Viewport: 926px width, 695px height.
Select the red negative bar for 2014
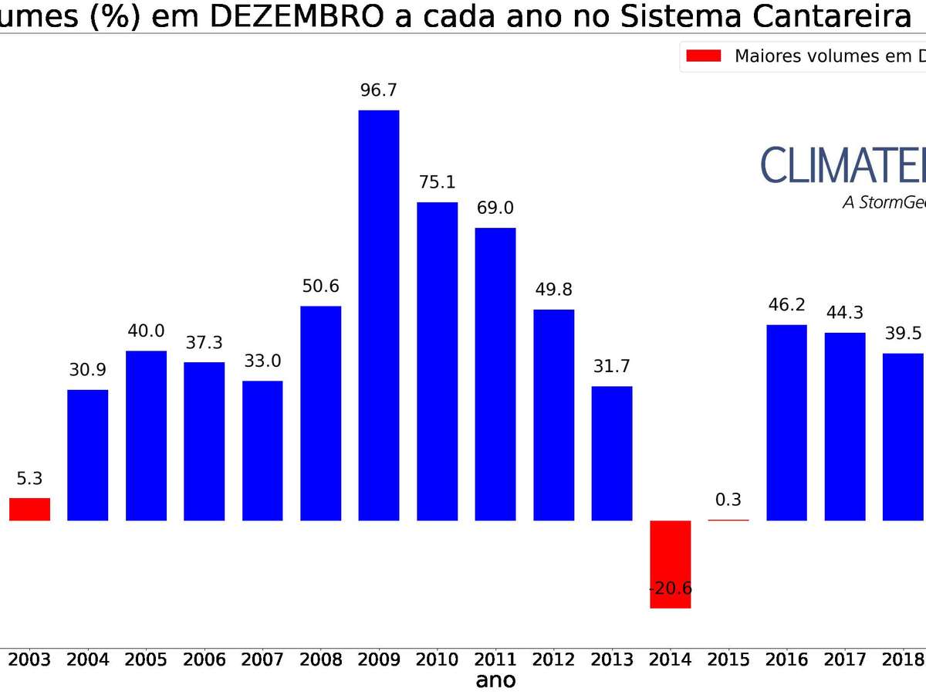tap(670, 564)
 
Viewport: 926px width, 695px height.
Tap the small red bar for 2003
tap(30, 509)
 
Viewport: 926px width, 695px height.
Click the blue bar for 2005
tap(146, 436)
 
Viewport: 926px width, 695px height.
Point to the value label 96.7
tap(379, 90)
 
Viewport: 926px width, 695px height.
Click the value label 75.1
tap(437, 182)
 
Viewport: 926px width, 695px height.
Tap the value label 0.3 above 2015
tap(728, 500)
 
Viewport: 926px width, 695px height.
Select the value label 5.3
tap(29, 479)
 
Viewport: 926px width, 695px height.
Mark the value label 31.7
tap(612, 366)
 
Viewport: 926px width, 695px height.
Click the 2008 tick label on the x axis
tap(320, 659)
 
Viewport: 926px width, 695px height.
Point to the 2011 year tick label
tap(495, 659)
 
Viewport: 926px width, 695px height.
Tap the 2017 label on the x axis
tap(845, 659)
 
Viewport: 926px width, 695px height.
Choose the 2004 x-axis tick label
tap(87, 659)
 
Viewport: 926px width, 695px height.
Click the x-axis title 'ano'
tap(495, 680)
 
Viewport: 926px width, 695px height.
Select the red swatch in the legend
tap(703, 56)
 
